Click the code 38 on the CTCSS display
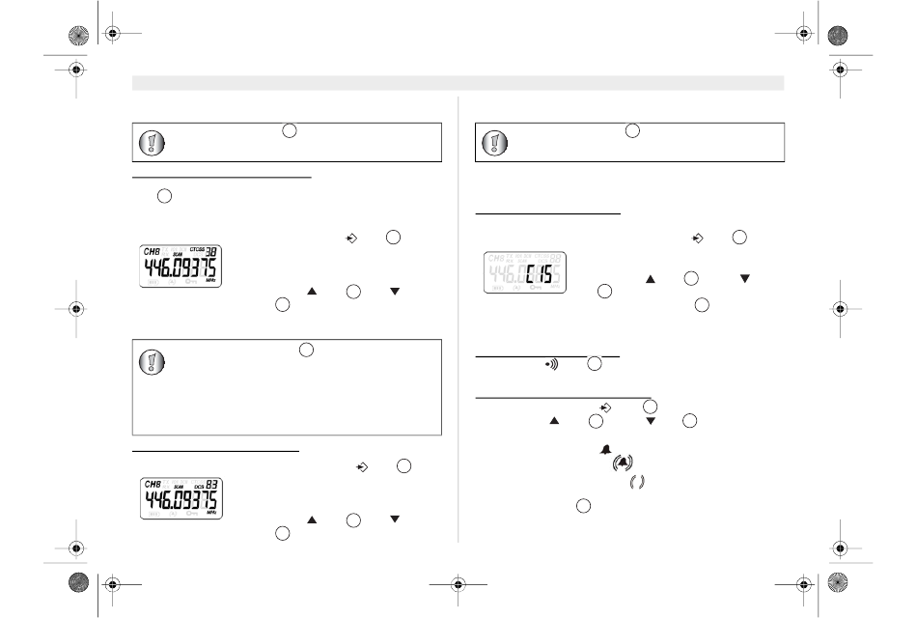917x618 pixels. point(209,250)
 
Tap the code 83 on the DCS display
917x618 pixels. point(209,483)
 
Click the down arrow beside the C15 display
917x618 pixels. point(744,278)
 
